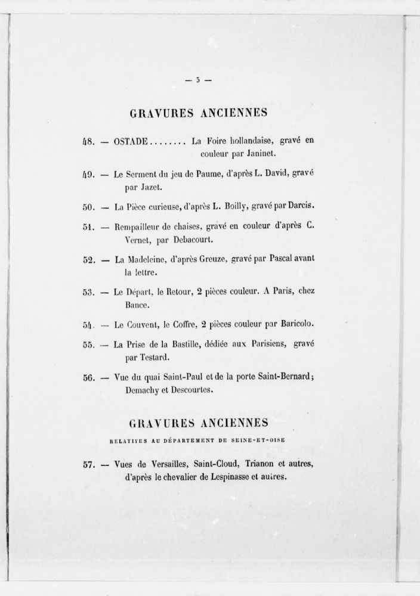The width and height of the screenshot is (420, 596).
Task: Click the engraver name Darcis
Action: pyautogui.click(x=314, y=206)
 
